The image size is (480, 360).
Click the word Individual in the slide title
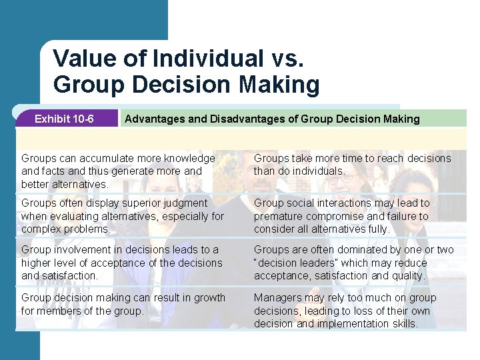point(207,59)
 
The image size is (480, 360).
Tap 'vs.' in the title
point(286,59)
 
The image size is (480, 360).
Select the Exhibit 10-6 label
point(64,119)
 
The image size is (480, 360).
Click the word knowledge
point(185,159)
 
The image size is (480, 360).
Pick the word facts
point(53,171)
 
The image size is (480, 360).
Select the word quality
point(406,275)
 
